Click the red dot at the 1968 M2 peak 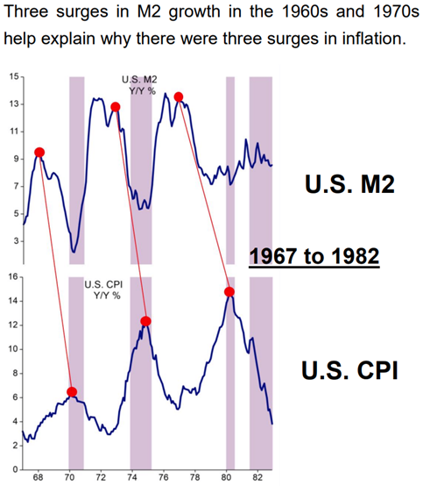pos(39,152)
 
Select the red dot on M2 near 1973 pos(116,107)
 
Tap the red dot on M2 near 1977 pos(179,96)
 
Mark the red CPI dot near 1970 pos(72,391)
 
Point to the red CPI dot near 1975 pos(145,321)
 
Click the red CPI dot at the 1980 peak pos(229,291)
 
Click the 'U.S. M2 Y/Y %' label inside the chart pos(137,85)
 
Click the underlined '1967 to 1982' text pos(314,256)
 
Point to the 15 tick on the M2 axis pos(11,77)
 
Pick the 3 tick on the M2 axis pos(14,240)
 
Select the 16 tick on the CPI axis pos(11,277)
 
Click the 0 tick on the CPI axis pos(14,470)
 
